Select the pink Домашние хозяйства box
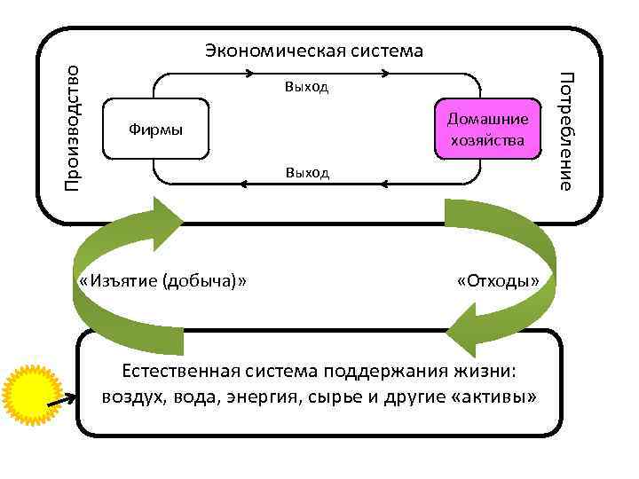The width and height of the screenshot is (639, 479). (487, 130)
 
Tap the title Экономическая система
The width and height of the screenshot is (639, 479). (313, 50)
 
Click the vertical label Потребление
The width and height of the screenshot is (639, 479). (565, 133)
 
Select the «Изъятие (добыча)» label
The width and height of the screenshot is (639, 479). (162, 281)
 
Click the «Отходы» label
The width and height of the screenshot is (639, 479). (497, 281)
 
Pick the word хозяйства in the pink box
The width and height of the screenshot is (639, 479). (487, 140)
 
